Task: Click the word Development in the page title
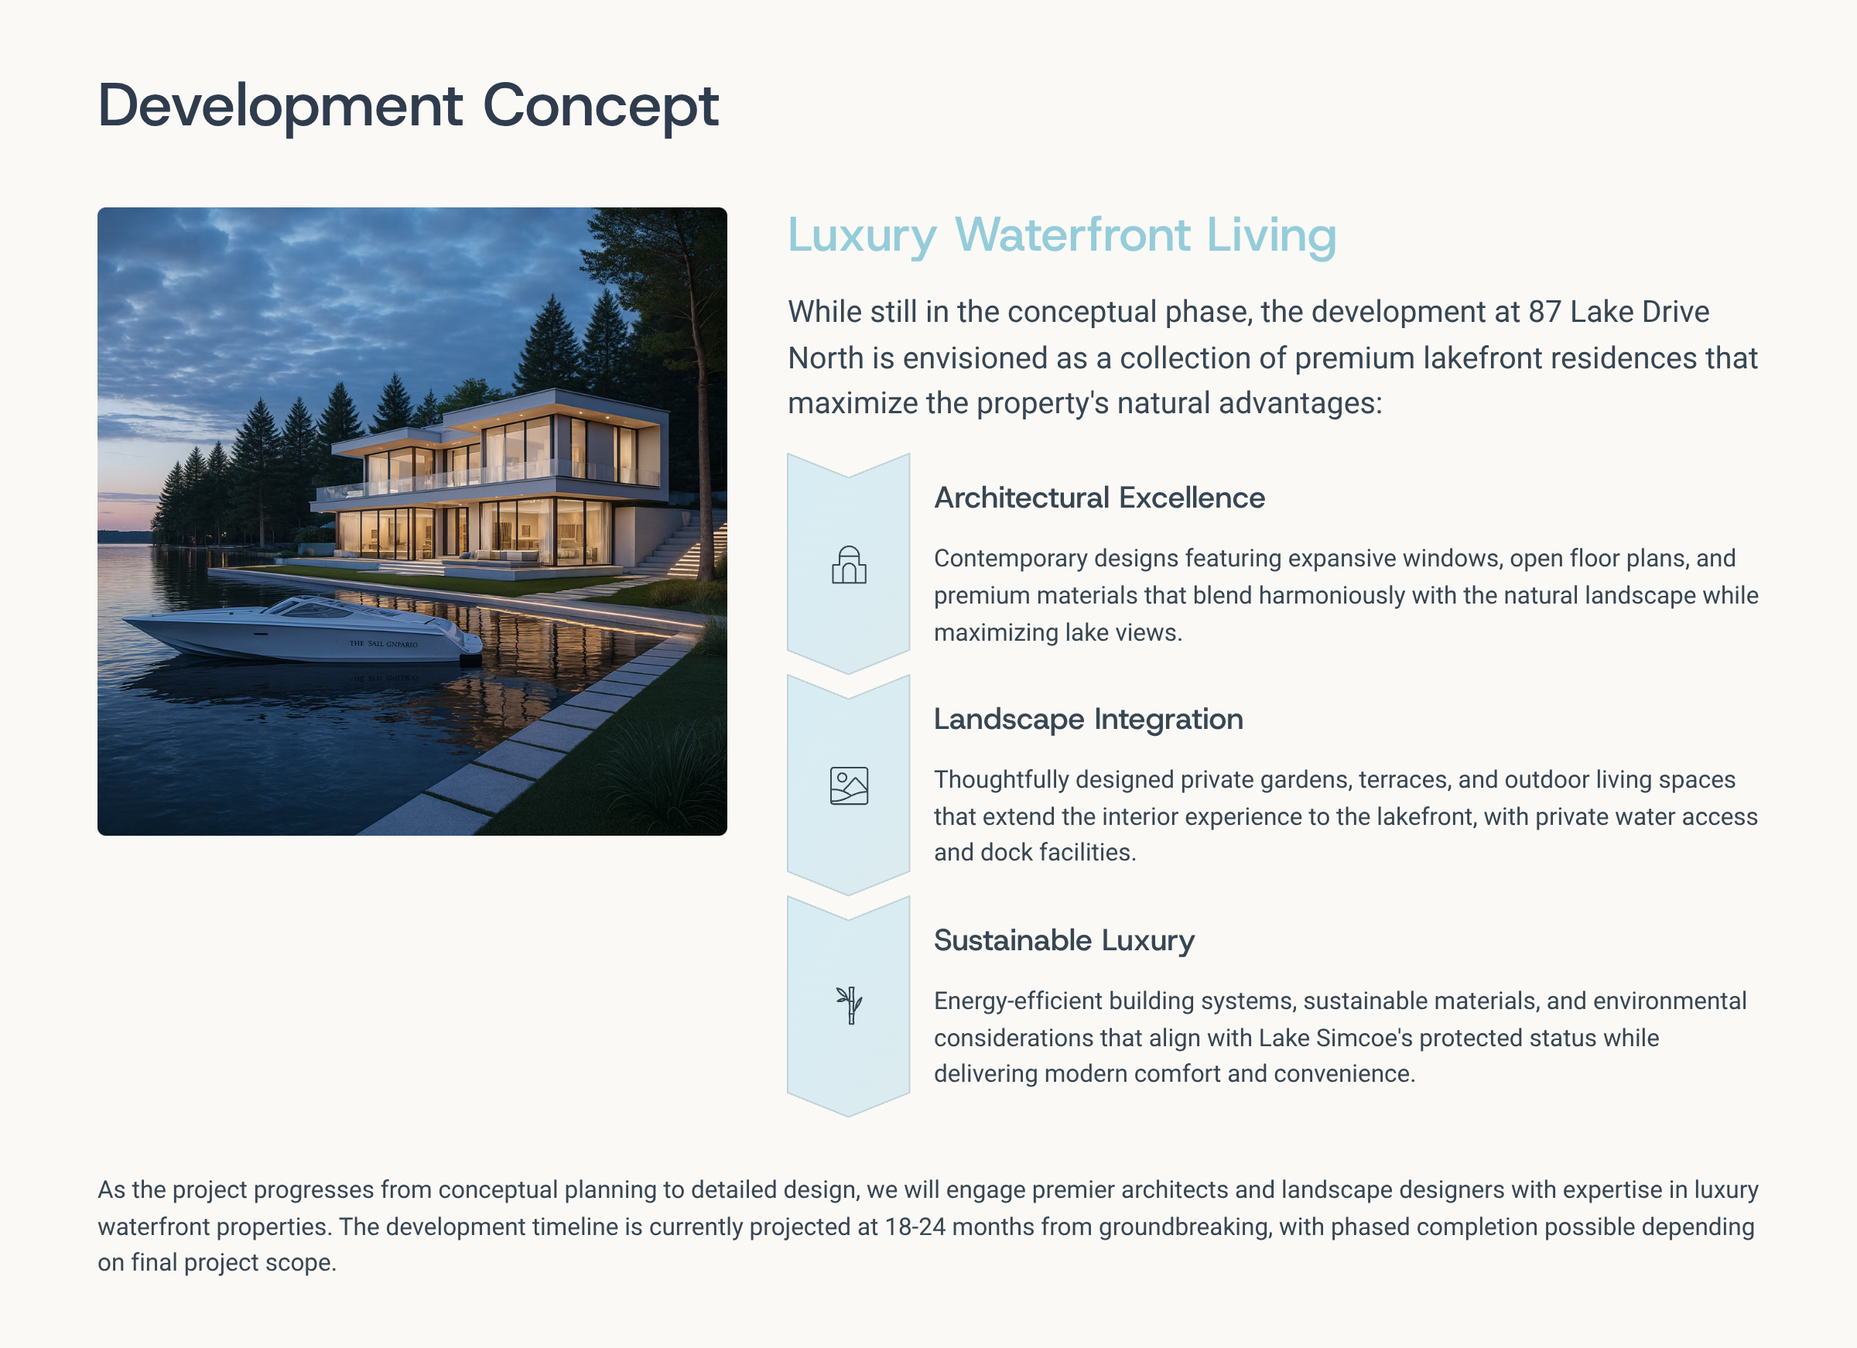pyautogui.click(x=281, y=106)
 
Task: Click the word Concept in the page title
pyautogui.click(x=601, y=106)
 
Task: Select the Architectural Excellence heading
pyautogui.click(x=1099, y=498)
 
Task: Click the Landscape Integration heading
pyautogui.click(x=1088, y=719)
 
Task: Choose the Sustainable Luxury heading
pyautogui.click(x=1064, y=940)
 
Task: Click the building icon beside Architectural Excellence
pyautogui.click(x=849, y=565)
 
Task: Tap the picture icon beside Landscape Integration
pyautogui.click(x=849, y=786)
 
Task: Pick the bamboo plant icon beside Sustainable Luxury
pyautogui.click(x=850, y=1006)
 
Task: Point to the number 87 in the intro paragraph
pyautogui.click(x=1544, y=312)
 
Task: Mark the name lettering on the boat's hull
pyautogui.click(x=383, y=644)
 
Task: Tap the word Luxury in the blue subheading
pyautogui.click(x=861, y=236)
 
